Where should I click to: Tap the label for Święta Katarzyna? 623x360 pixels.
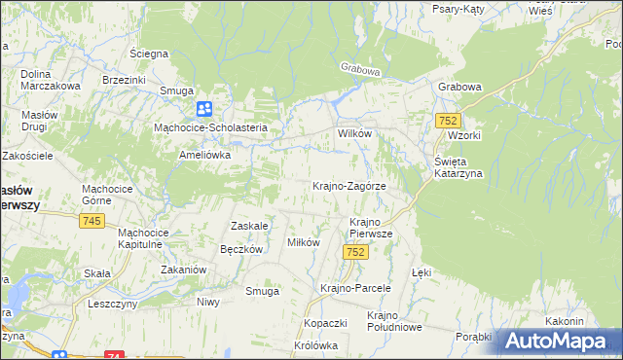click(452, 167)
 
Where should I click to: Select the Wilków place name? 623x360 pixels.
click(355, 133)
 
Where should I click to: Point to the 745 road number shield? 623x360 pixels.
click(92, 222)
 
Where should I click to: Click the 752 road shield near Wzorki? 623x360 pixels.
click(448, 120)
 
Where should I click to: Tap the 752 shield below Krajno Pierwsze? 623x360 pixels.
click(355, 252)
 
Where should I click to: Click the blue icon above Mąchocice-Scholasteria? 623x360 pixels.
click(204, 109)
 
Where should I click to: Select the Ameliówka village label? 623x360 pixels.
click(203, 155)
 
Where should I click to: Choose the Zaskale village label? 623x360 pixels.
click(248, 226)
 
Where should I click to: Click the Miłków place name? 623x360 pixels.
click(303, 242)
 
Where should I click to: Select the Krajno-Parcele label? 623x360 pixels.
click(355, 288)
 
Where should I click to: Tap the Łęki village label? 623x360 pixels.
click(421, 273)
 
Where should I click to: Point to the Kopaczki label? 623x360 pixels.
click(325, 322)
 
